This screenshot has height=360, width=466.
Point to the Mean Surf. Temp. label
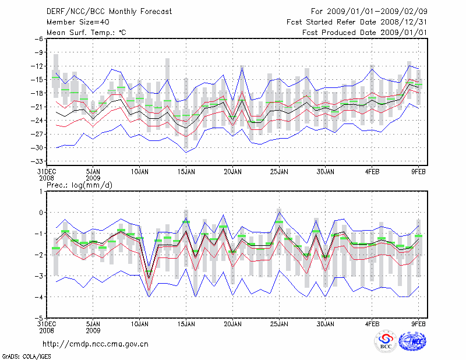click(x=86, y=33)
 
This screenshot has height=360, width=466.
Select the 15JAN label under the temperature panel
click(x=186, y=172)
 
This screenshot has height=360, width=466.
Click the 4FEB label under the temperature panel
click(x=372, y=172)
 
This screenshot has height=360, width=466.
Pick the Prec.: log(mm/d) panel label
click(x=79, y=184)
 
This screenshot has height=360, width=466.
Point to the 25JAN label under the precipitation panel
click(x=279, y=324)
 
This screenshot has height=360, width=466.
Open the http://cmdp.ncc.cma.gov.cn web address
click(x=96, y=344)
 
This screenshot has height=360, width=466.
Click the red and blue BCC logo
click(x=386, y=342)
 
